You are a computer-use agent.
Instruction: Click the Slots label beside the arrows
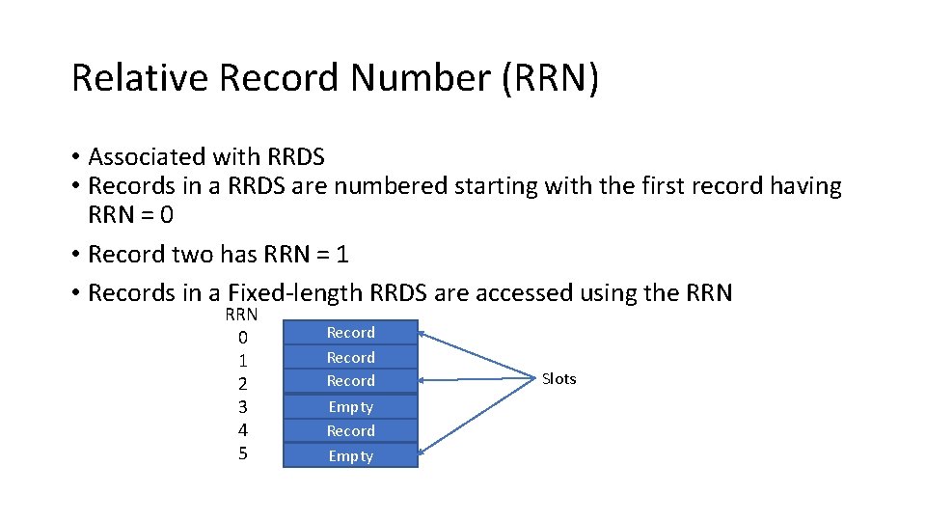[558, 379]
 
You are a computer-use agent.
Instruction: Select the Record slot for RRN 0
[350, 333]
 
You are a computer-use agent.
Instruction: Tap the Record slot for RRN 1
[350, 357]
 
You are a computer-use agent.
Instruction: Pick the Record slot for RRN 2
[350, 381]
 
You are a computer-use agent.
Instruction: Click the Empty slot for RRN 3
[350, 407]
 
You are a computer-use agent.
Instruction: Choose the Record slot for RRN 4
[350, 431]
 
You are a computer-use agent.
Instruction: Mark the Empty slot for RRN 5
[350, 456]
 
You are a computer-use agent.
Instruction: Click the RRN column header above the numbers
[241, 315]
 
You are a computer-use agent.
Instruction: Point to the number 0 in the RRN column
[243, 338]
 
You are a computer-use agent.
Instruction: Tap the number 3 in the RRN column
[243, 407]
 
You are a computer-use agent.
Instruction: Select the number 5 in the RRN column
[243, 453]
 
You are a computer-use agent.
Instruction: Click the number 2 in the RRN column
[243, 384]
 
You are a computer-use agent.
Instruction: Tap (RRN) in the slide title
[550, 78]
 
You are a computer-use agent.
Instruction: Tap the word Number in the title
[421, 78]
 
